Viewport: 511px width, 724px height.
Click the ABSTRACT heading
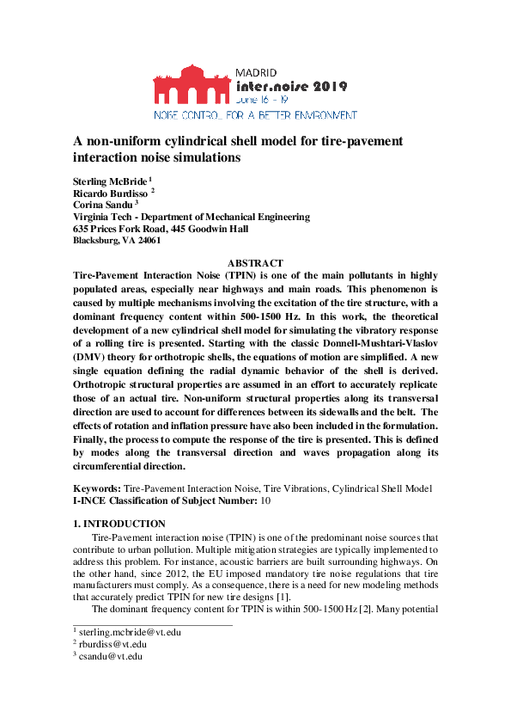[255, 262]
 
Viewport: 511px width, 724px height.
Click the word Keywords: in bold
[97, 488]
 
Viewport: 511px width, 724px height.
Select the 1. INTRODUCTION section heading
[119, 523]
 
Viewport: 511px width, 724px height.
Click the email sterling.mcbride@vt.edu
[130, 632]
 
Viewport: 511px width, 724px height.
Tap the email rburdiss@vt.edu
[113, 644]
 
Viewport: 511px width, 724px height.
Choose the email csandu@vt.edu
[110, 656]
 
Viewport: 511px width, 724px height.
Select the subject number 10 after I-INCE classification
[265, 500]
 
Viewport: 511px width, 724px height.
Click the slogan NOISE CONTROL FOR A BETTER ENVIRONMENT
[255, 114]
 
